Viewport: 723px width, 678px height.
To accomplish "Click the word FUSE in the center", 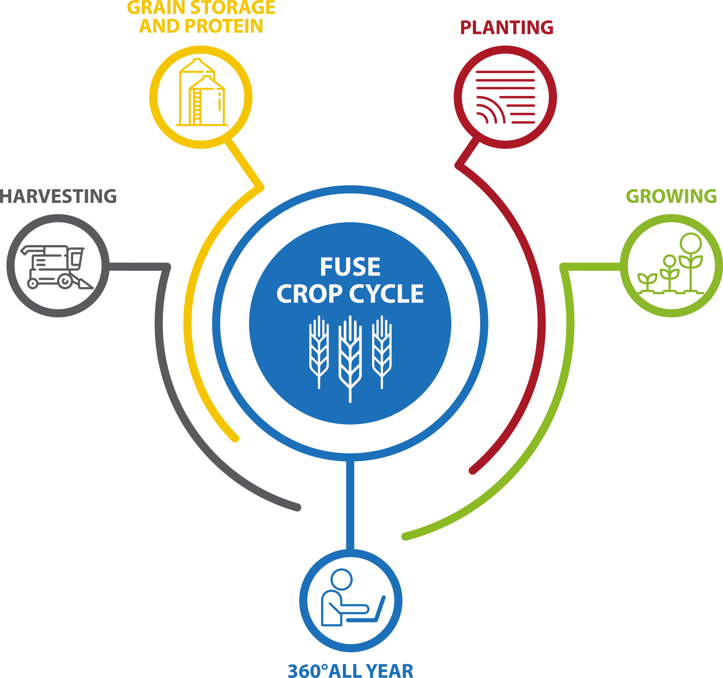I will tap(350, 266).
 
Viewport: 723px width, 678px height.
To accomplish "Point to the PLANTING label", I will tap(507, 27).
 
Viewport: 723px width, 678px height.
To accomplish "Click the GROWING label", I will tap(671, 196).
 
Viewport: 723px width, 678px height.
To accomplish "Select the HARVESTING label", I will tap(58, 196).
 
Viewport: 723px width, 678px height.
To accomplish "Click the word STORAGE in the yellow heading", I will tap(233, 7).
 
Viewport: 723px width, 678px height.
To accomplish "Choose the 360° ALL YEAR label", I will tap(350, 670).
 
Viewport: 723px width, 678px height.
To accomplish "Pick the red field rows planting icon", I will tap(505, 97).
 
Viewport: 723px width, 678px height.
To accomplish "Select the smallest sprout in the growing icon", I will tap(647, 283).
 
